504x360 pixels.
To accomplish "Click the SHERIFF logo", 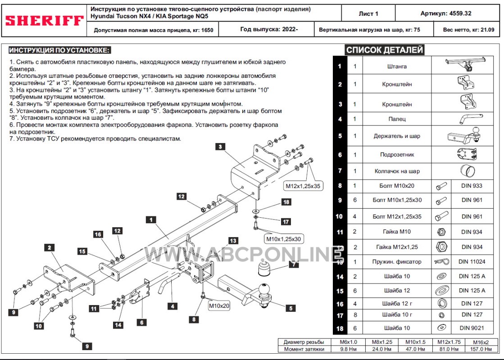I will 44,21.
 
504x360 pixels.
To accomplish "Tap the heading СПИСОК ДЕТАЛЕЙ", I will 384,50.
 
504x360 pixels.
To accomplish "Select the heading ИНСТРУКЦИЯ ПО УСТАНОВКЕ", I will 59,50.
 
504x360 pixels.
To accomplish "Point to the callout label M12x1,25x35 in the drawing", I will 304,185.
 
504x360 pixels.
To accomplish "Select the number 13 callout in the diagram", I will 232,241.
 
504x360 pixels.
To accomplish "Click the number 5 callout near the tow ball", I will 291,308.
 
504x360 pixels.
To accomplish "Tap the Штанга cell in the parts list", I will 397,67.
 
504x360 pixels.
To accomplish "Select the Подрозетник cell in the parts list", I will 397,155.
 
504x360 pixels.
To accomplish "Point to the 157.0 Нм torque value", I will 481,349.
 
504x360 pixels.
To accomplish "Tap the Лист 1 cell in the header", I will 368,13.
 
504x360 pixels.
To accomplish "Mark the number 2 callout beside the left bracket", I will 49,247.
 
